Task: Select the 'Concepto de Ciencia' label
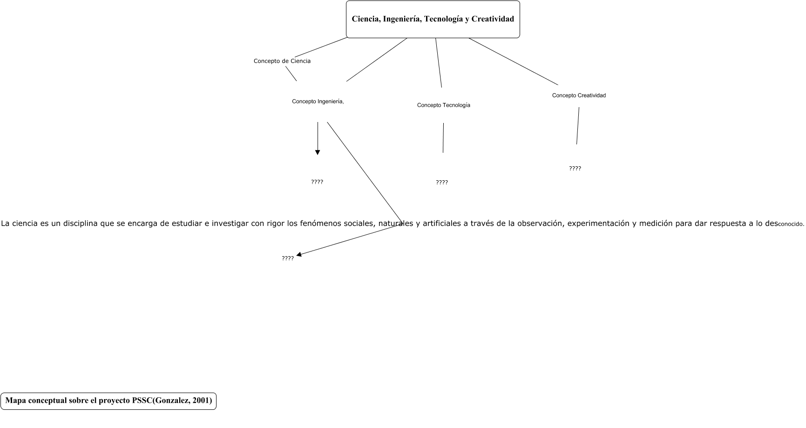point(282,61)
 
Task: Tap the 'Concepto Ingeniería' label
point(318,102)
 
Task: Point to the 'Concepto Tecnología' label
point(443,105)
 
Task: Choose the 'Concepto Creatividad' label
point(579,95)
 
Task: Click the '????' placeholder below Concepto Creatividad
point(575,169)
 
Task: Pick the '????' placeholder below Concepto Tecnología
point(441,183)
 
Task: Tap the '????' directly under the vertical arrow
point(317,182)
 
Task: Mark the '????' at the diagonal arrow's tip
point(287,258)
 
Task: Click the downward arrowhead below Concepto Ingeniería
point(318,152)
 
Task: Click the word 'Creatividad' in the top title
point(493,19)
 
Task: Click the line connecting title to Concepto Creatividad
point(512,61)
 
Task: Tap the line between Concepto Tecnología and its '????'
point(443,138)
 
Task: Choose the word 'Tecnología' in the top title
point(443,19)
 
